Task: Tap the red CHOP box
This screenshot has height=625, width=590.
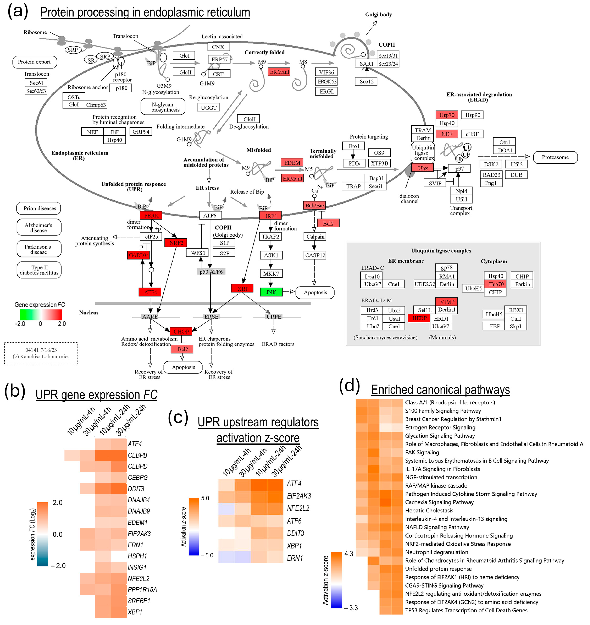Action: [x=181, y=331]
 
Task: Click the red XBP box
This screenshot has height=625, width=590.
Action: [x=242, y=289]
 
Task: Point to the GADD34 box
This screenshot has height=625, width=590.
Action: [x=138, y=255]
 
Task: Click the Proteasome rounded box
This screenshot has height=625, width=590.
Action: [x=555, y=157]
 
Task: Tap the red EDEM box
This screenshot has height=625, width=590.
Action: [x=292, y=163]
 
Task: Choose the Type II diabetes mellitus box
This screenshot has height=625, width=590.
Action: [x=39, y=270]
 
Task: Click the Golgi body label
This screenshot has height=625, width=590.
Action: [x=378, y=14]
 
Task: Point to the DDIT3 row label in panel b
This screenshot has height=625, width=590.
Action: [x=136, y=489]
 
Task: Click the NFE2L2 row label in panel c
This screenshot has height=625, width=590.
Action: [x=298, y=508]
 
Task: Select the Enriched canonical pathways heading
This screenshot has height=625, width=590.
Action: [x=440, y=390]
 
